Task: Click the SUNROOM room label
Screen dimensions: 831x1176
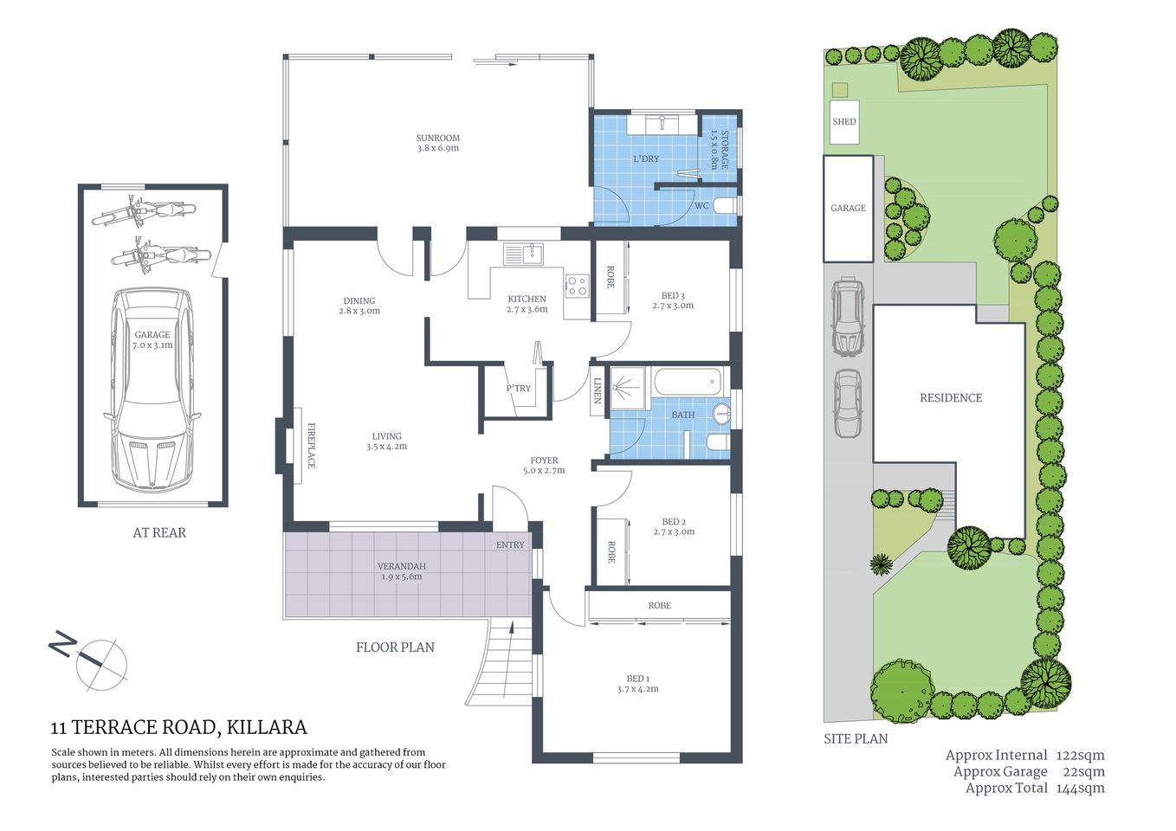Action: pyautogui.click(x=437, y=138)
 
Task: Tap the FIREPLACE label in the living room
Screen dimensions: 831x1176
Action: pyautogui.click(x=311, y=446)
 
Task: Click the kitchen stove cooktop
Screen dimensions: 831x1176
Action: pyautogui.click(x=577, y=286)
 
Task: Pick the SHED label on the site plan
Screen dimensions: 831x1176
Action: pyautogui.click(x=843, y=122)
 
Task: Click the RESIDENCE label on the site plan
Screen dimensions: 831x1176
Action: pyautogui.click(x=950, y=398)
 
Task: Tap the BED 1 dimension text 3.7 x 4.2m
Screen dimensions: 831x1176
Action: pyautogui.click(x=637, y=690)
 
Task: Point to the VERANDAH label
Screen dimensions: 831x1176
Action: pyautogui.click(x=401, y=566)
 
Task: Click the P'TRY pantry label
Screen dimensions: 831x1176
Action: pyautogui.click(x=518, y=389)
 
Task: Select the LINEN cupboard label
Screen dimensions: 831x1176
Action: pyautogui.click(x=598, y=390)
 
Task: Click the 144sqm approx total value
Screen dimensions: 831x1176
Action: pyautogui.click(x=1080, y=789)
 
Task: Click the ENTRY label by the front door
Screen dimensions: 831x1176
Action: pyautogui.click(x=510, y=544)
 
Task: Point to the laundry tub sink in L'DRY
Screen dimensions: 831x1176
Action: pyautogui.click(x=663, y=124)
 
